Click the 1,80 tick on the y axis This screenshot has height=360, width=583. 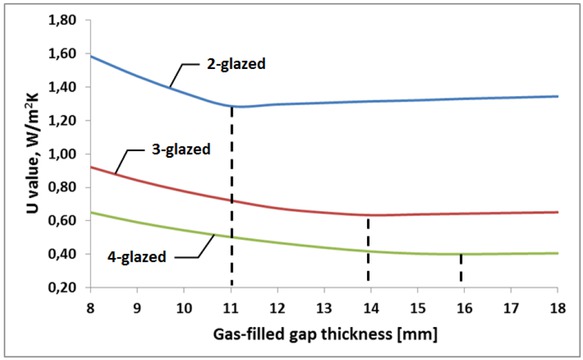(x=67, y=20)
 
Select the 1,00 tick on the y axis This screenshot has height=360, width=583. (x=67, y=154)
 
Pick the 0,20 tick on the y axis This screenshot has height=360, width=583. (x=67, y=287)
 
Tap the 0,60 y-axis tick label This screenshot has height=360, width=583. (x=67, y=220)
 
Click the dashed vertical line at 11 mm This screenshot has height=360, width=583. (x=232, y=200)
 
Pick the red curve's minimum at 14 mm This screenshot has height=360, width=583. (x=369, y=215)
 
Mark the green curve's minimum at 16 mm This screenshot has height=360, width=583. (x=461, y=254)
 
